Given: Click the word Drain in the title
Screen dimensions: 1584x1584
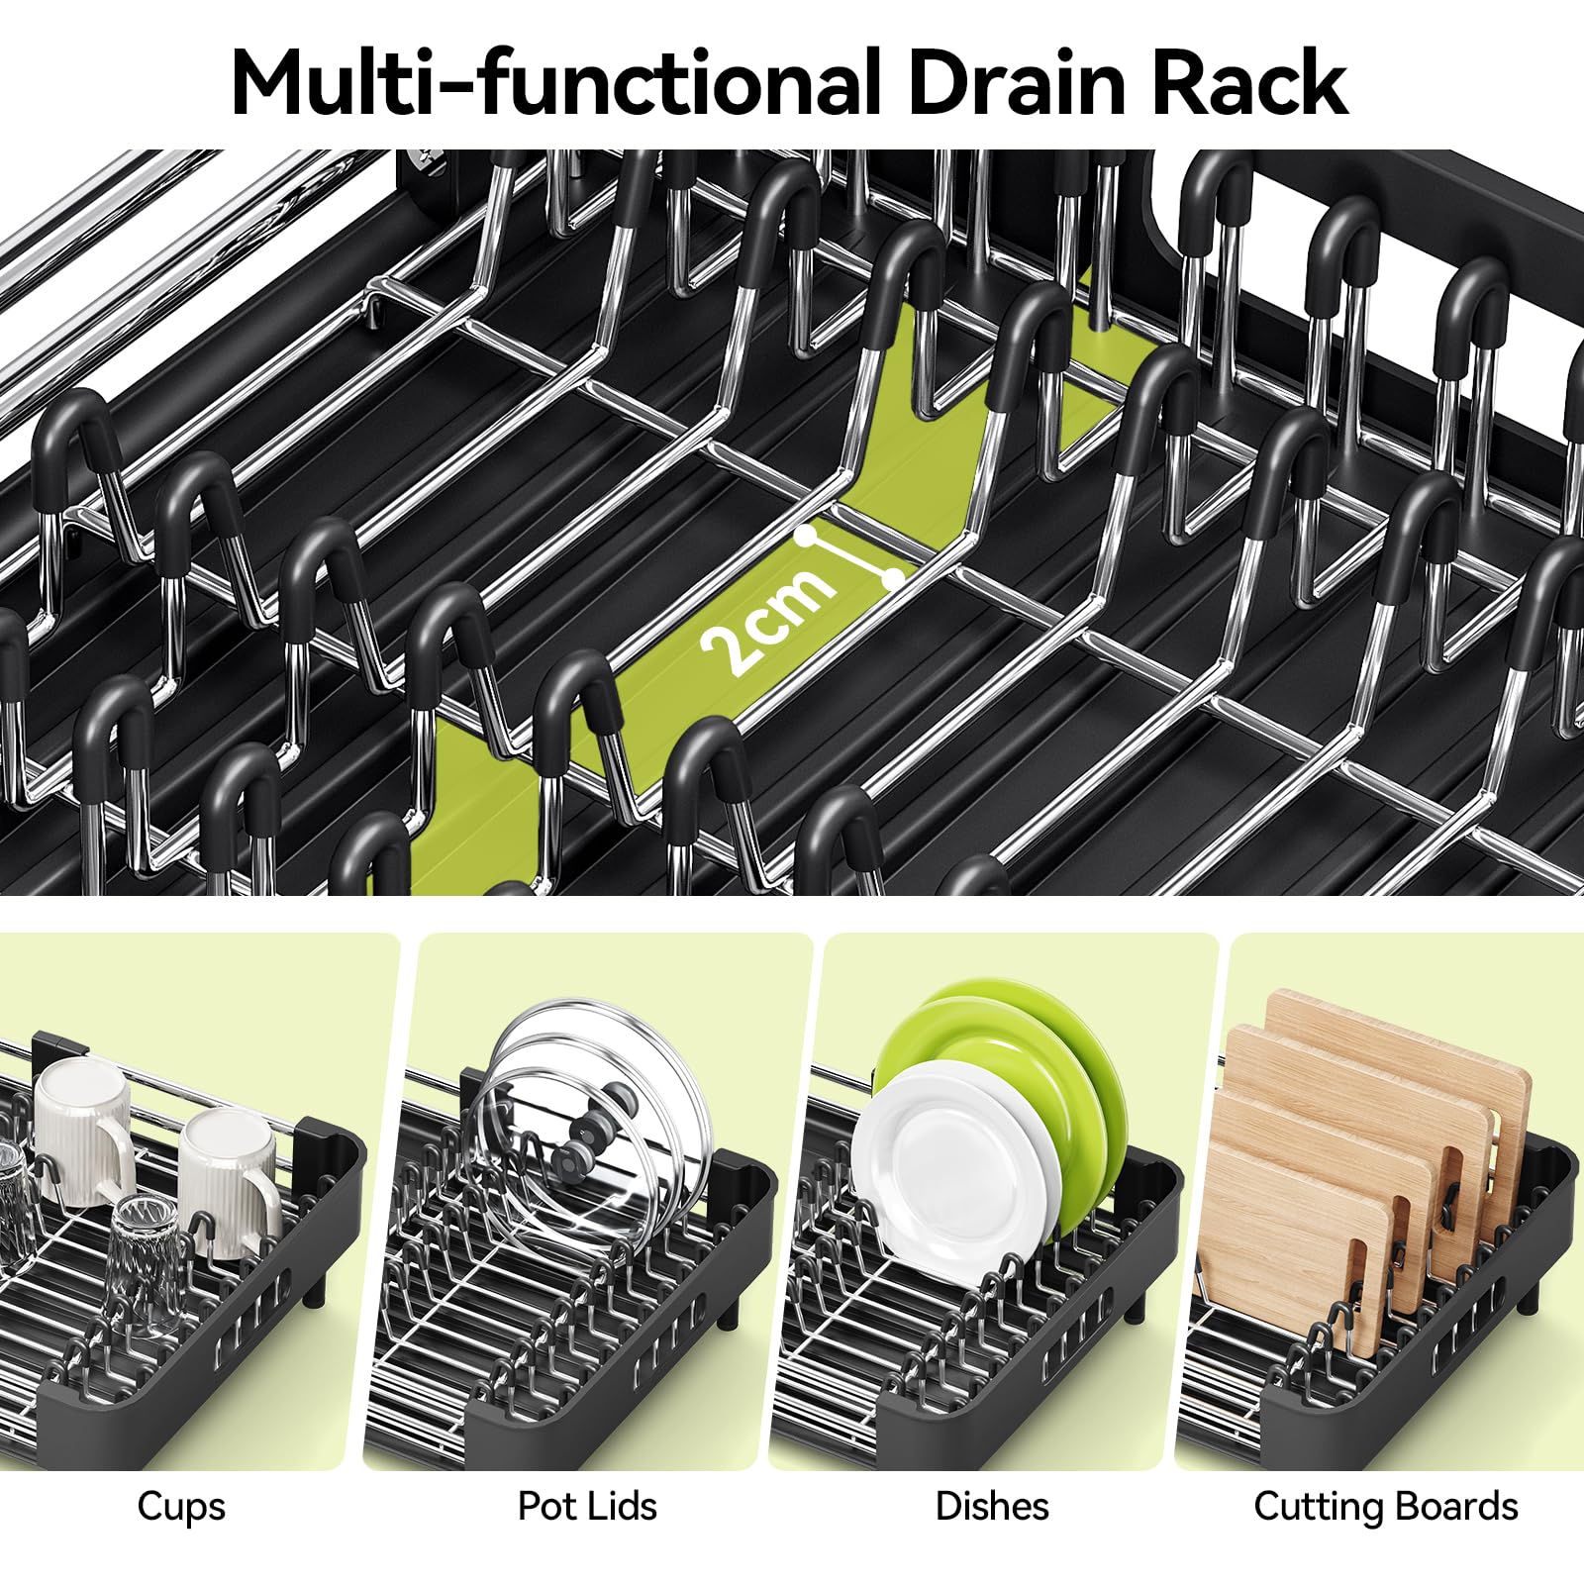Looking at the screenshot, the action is tap(1019, 83).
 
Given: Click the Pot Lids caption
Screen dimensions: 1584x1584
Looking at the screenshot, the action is tap(587, 1506).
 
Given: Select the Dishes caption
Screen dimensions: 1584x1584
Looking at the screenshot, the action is tap(992, 1506).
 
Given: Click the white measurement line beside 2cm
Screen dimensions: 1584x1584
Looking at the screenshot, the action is tap(849, 556).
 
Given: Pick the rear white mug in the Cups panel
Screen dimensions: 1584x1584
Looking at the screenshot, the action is tap(85, 1129).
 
